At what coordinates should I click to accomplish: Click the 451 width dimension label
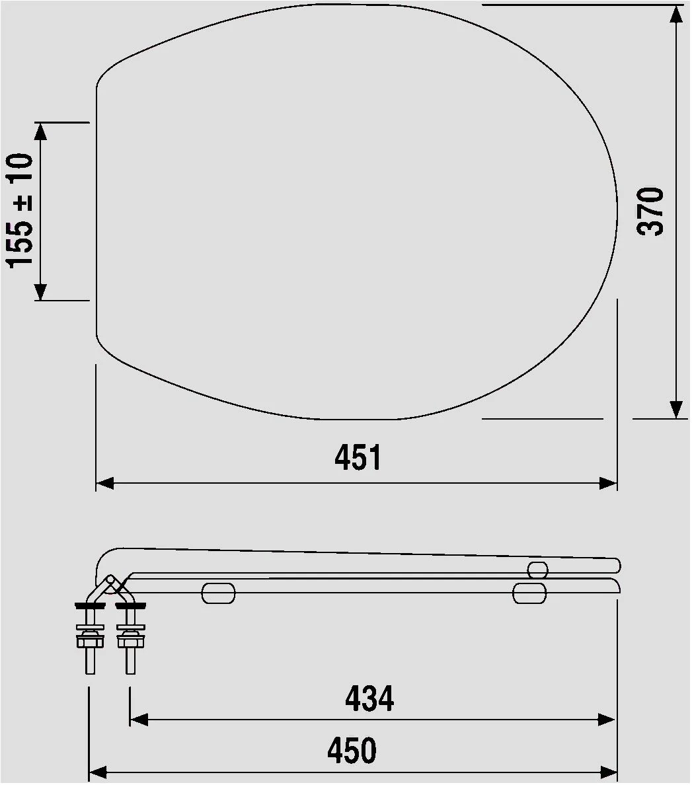pos(358,457)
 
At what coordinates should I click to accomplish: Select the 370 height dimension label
pos(651,211)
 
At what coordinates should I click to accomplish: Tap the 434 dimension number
pos(369,698)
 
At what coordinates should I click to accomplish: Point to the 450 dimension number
pos(352,751)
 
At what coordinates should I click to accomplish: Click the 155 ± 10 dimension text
pos(20,210)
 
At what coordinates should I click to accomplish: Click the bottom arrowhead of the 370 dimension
pos(675,409)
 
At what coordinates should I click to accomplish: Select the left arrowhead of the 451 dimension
pos(106,484)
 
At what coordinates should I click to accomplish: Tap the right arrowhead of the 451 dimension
pos(607,484)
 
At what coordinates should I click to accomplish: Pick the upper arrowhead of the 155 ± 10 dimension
pos(40,131)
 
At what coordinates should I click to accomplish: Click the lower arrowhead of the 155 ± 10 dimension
pos(40,291)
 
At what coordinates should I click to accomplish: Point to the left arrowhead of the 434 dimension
pos(139,720)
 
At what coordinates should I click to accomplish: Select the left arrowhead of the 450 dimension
pos(98,771)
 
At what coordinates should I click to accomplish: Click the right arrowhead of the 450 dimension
pos(607,771)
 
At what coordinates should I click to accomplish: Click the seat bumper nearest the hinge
pos(219,593)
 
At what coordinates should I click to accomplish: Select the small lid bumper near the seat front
pos(538,569)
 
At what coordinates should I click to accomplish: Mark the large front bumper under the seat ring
pos(530,593)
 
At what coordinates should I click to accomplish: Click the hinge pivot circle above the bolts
pos(110,579)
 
